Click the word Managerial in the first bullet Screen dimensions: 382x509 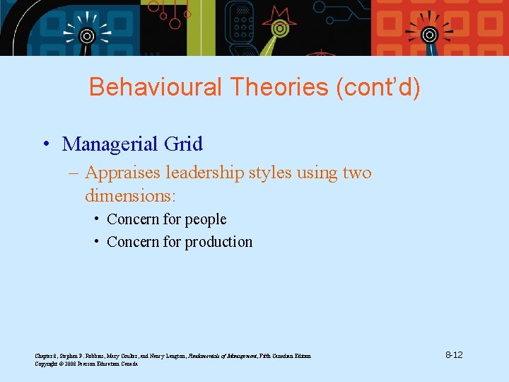(x=110, y=144)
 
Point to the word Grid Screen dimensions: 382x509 (x=183, y=144)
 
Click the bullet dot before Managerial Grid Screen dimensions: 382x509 (x=45, y=145)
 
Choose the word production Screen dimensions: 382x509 (x=218, y=242)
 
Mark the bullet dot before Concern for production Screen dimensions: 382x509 (x=95, y=242)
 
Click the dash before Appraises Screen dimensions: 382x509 (x=76, y=173)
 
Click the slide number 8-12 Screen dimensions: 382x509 (x=454, y=354)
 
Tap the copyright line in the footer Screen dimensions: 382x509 (x=86, y=364)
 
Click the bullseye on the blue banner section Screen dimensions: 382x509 (x=86, y=35)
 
